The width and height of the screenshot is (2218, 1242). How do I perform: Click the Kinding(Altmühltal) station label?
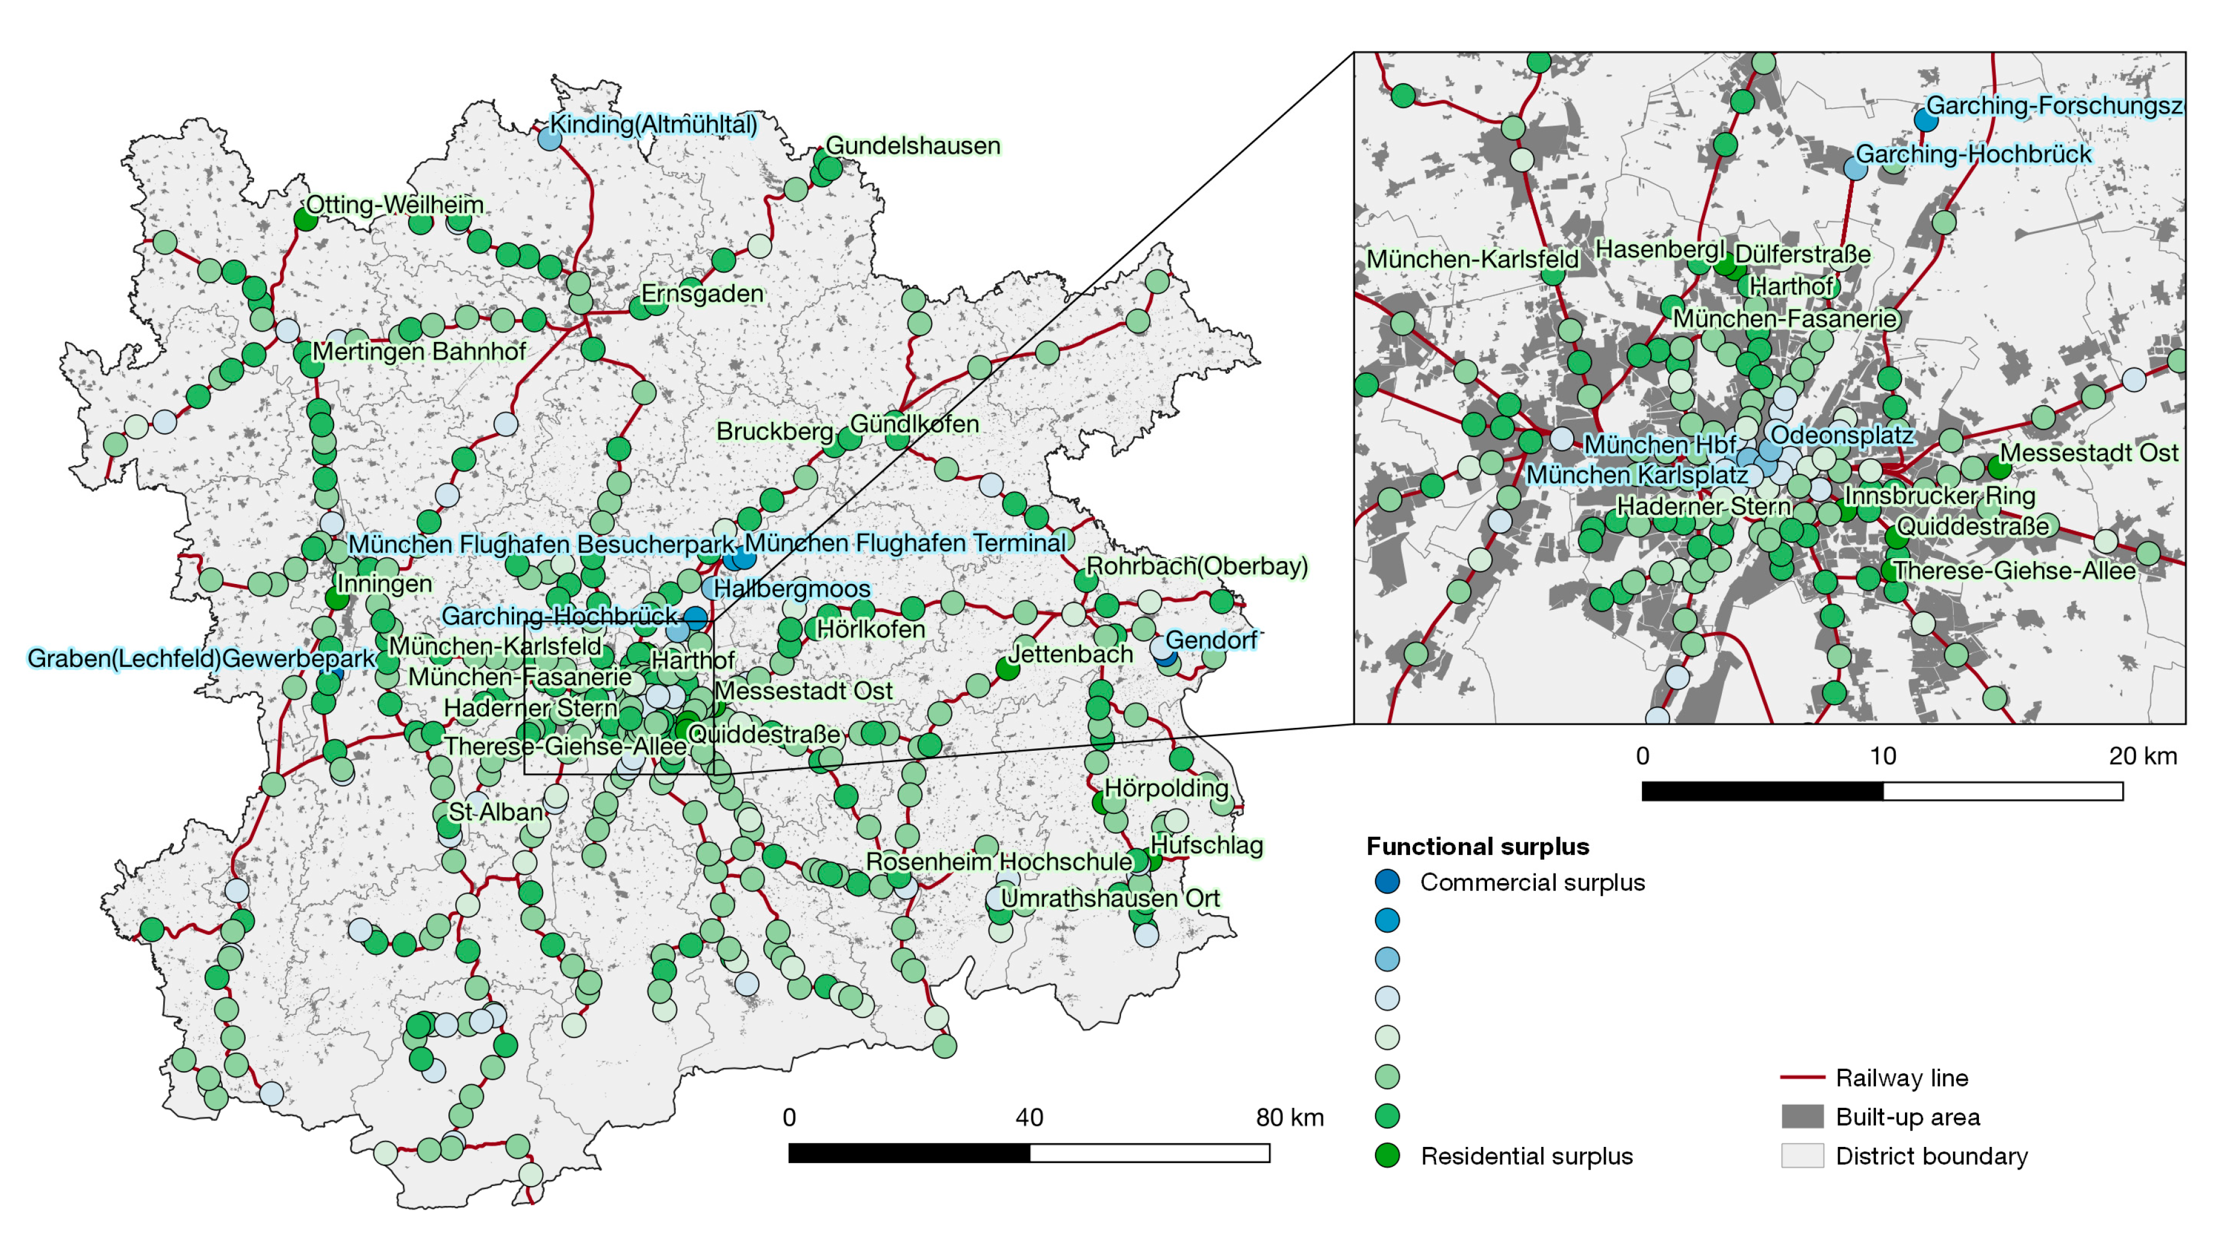click(x=653, y=125)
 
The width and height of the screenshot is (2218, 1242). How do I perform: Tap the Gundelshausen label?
click(x=913, y=146)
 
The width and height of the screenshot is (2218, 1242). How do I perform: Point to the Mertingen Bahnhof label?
click(x=418, y=352)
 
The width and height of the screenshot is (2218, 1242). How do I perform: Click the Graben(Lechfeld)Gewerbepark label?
click(x=200, y=659)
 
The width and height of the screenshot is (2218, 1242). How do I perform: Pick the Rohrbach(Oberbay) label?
click(x=1197, y=567)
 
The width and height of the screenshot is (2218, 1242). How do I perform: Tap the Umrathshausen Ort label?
click(x=1110, y=899)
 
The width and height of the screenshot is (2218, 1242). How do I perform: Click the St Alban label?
click(x=496, y=812)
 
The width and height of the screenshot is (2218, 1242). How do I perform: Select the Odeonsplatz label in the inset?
click(x=1842, y=435)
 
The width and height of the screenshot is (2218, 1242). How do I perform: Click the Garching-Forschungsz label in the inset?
click(x=2054, y=106)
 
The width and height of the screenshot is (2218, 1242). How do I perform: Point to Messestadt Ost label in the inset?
click(x=2088, y=453)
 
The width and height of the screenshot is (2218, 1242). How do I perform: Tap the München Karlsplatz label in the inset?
click(x=1637, y=475)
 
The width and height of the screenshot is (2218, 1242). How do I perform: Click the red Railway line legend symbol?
click(x=1802, y=1078)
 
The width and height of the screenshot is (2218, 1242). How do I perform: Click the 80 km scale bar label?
click(x=1289, y=1118)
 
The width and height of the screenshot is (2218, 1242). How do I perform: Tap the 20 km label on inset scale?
click(x=2142, y=757)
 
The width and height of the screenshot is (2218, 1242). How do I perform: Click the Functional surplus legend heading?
click(x=1477, y=847)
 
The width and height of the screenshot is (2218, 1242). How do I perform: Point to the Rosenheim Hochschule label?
click(x=999, y=862)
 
